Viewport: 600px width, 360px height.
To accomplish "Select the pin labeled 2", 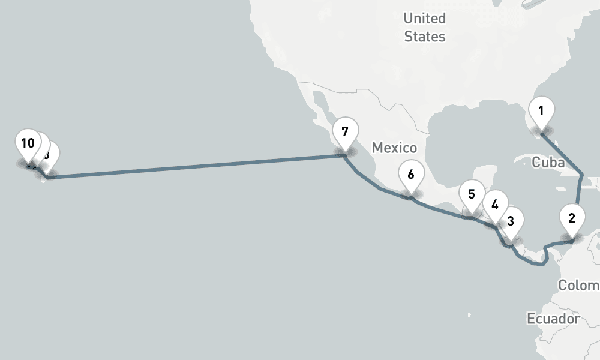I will coord(571,218).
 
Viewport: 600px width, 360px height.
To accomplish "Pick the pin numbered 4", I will coord(494,205).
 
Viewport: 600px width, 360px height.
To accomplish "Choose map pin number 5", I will coord(472,195).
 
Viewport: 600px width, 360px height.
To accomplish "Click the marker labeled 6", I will coord(410,175).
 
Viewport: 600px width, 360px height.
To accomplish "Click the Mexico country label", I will coord(394,148).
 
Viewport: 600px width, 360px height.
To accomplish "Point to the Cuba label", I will coord(548,163).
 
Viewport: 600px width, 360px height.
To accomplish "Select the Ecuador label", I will coord(553,319).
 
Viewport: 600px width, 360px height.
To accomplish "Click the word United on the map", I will coord(425,18).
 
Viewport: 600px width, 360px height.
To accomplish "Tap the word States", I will coord(425,37).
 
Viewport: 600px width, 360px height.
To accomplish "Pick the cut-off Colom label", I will coord(578,286).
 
